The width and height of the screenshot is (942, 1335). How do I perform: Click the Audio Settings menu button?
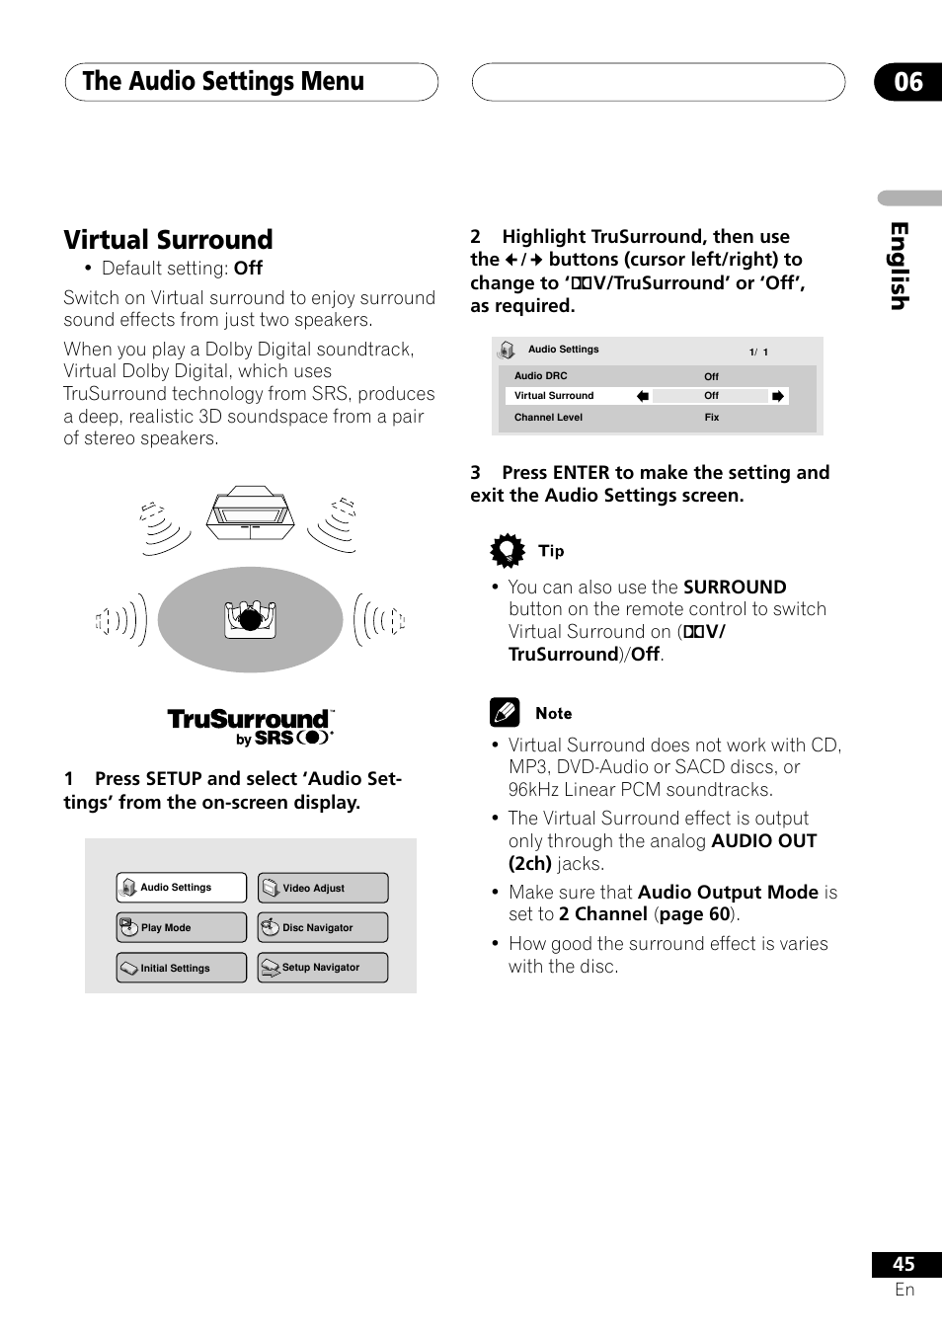coord(182,888)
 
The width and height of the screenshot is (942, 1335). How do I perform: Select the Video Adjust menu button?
coord(323,888)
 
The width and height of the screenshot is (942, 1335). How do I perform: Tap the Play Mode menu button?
coord(182,927)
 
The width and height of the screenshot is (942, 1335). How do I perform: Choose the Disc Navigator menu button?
coord(323,927)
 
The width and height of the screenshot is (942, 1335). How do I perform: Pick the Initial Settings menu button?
coord(182,968)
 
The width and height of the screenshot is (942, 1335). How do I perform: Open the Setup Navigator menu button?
coord(323,968)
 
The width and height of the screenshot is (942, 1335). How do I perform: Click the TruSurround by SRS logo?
coord(251,727)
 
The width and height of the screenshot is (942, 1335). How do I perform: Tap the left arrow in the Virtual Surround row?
coord(643,396)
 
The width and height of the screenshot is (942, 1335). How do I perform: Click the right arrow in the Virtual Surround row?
coord(778,396)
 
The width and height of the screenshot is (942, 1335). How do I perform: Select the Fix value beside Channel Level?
coord(712,418)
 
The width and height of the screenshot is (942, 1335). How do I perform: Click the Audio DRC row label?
coord(541,376)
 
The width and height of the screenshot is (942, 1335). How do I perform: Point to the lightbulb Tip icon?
coord(508,550)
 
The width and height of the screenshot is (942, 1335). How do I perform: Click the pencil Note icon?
coord(505,712)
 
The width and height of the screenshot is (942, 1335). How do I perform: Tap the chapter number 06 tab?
coord(907,82)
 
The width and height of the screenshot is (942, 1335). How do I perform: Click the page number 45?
coord(903,1264)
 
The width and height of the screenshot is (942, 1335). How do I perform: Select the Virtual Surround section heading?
coord(169,240)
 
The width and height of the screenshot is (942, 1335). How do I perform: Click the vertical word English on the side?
coord(899,266)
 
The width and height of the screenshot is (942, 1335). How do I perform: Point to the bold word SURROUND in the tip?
coord(735,588)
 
